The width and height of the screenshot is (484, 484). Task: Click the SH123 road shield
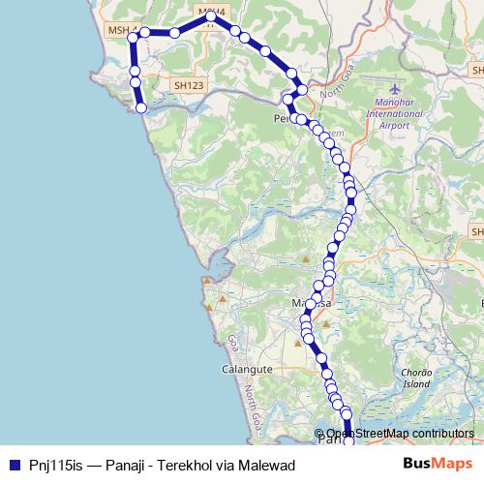[x=189, y=85]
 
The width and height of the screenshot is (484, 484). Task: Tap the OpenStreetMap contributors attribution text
[x=399, y=434]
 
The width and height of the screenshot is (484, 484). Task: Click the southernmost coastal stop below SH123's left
[x=142, y=107]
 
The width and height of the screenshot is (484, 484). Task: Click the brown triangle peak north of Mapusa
[x=306, y=259]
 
